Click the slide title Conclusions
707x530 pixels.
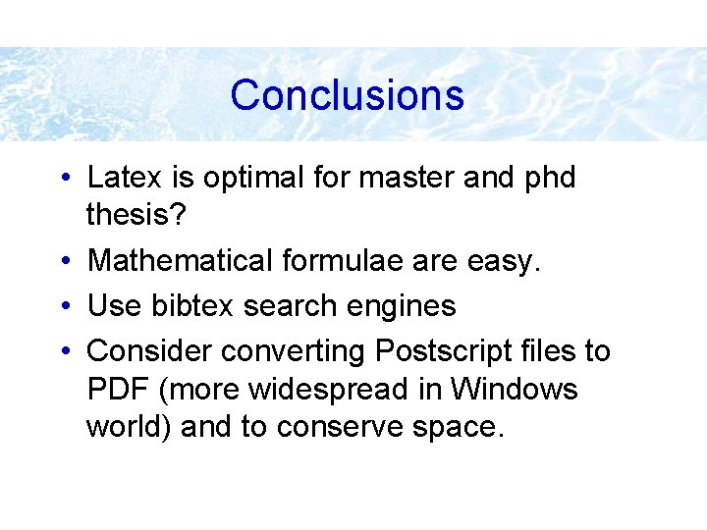(x=347, y=95)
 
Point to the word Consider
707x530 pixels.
(x=150, y=350)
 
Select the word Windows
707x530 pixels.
(x=515, y=390)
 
